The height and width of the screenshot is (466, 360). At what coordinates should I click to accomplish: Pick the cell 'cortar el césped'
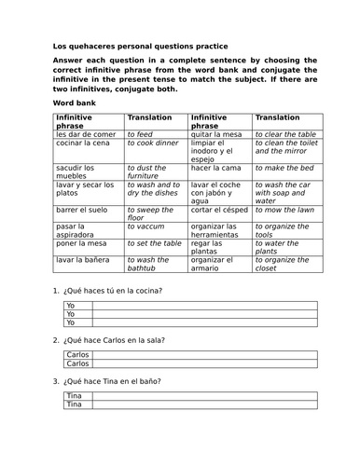pyautogui.click(x=222, y=211)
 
